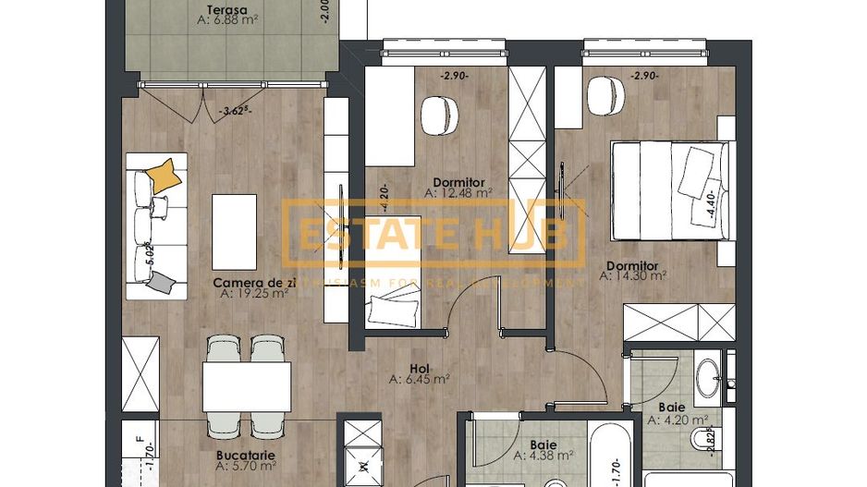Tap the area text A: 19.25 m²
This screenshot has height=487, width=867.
coord(255,295)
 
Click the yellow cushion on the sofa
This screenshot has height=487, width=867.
coord(164,174)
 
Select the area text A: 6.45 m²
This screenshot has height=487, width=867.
coord(420,379)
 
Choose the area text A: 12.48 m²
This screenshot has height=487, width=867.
coord(458,193)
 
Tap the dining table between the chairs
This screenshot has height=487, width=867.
coord(247,385)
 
